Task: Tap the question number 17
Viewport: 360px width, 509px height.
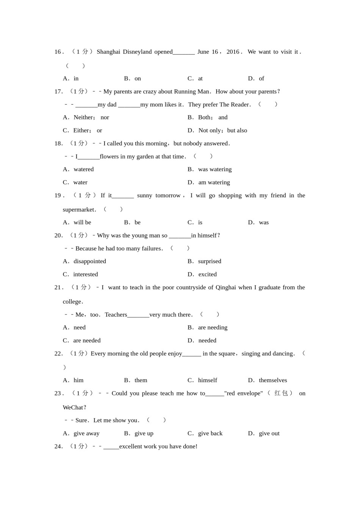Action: point(58,91)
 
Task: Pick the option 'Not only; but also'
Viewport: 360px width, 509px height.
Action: point(222,130)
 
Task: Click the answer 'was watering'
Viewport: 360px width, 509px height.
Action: point(214,169)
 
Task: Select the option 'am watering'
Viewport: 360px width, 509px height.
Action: point(214,183)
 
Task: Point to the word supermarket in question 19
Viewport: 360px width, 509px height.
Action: point(79,209)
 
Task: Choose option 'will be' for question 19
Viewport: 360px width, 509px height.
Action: point(82,222)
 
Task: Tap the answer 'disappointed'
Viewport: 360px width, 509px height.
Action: point(89,261)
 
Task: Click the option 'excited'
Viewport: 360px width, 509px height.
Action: point(207,274)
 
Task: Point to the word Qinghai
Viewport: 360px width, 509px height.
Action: point(225,287)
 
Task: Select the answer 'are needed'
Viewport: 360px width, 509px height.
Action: point(87,340)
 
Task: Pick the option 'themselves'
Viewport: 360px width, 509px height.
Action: point(272,380)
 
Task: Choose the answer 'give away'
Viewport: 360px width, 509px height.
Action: point(86,433)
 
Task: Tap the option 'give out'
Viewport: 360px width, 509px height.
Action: point(269,433)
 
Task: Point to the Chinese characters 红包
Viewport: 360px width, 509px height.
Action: point(281,393)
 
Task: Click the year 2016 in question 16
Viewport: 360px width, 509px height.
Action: point(233,52)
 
